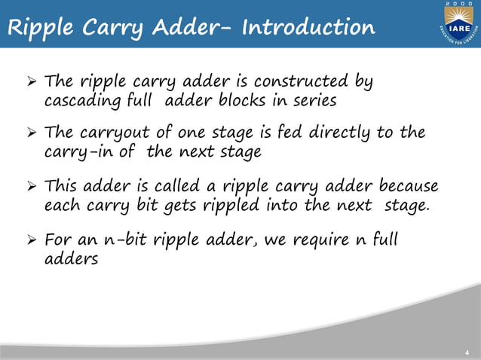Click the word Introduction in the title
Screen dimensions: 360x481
(x=308, y=28)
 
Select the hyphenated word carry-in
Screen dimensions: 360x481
(x=73, y=152)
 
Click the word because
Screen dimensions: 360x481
(x=404, y=186)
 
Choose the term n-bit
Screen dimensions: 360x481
(x=124, y=240)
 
